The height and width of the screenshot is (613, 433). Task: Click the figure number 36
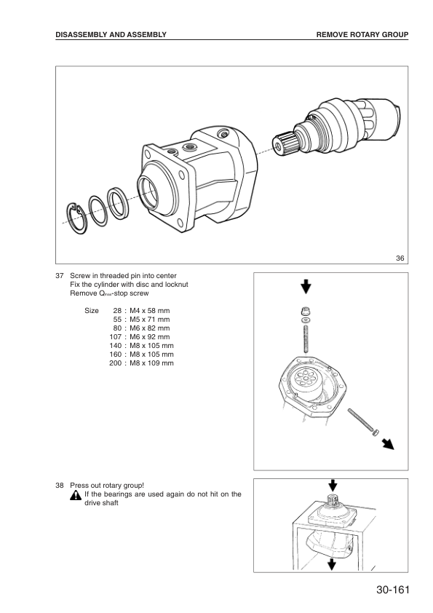(400, 257)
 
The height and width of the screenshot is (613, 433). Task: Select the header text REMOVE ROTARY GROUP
(362, 34)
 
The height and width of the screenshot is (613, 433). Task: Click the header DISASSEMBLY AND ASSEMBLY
(111, 34)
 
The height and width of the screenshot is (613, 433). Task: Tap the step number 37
(60, 275)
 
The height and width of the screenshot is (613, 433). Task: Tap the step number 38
(60, 484)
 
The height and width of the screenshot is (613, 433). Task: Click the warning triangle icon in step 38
(76, 495)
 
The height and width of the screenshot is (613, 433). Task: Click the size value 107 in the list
(114, 336)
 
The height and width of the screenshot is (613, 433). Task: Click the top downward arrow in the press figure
(332, 484)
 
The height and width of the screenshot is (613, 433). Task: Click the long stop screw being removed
(361, 423)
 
